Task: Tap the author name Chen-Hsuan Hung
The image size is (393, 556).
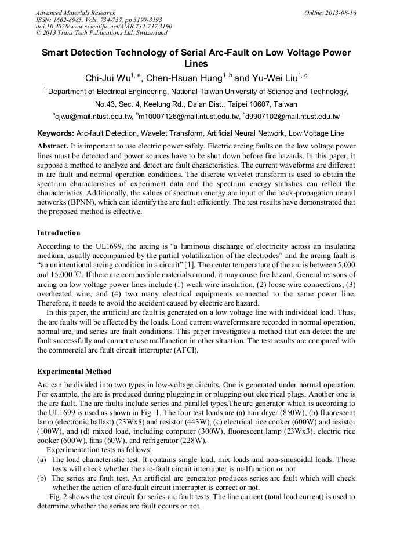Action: (x=183, y=77)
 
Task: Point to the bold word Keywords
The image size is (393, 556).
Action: (x=55, y=133)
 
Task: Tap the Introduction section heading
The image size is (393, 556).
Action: (x=59, y=233)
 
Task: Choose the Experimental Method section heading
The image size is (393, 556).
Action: (x=74, y=371)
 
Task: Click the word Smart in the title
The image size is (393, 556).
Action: (x=56, y=53)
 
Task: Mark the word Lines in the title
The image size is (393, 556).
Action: (x=196, y=64)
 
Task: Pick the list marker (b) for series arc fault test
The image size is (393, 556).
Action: (x=41, y=478)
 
